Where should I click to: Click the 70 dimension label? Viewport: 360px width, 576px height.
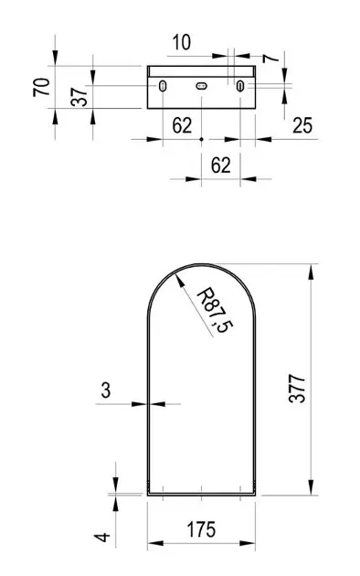[41, 87]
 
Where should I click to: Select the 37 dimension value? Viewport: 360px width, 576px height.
[79, 97]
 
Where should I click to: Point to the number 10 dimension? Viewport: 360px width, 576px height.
[181, 42]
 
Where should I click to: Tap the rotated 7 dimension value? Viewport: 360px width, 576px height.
[271, 58]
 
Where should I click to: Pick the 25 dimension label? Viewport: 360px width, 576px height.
[302, 125]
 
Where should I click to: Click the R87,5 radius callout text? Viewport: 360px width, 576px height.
[216, 311]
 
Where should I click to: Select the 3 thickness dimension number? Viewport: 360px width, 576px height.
[106, 390]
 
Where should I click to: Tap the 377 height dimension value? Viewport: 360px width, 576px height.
[297, 389]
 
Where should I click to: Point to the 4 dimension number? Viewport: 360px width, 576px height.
[102, 537]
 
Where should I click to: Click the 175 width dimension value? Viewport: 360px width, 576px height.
[201, 529]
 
